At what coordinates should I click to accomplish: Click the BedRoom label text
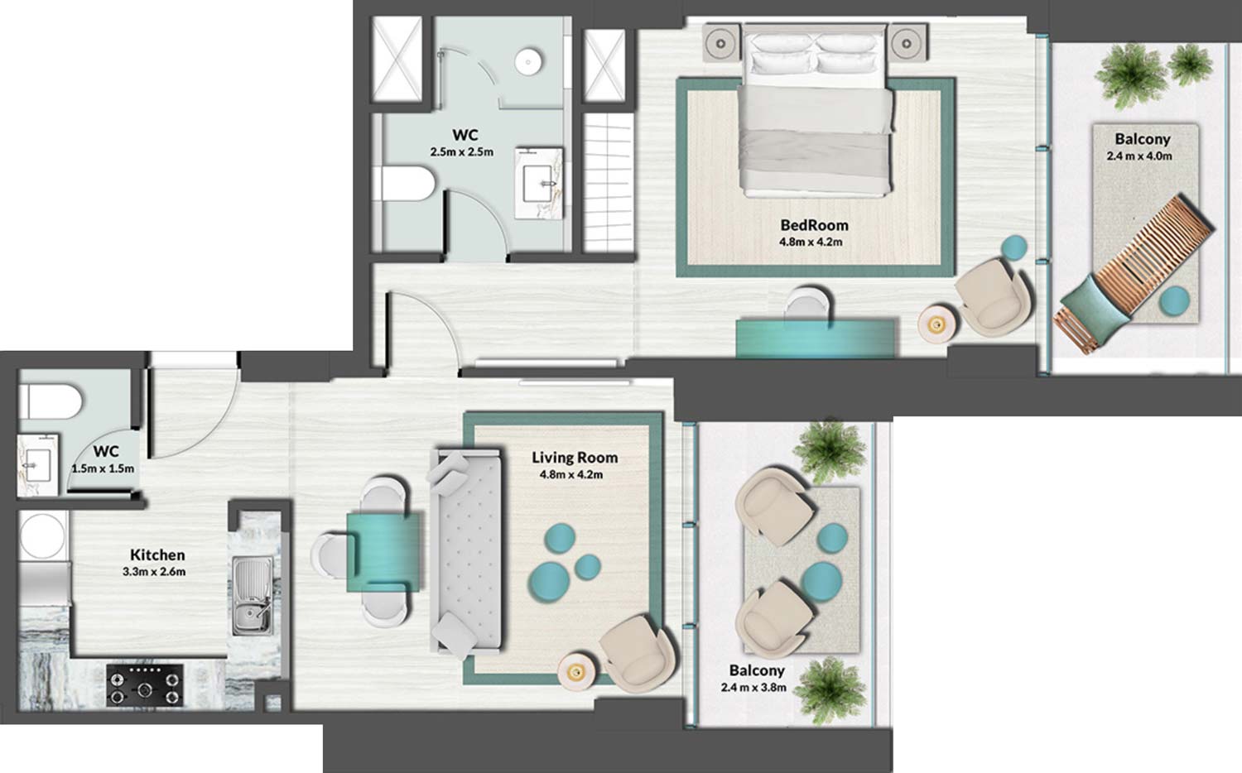tap(814, 225)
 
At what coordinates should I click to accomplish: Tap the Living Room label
tap(575, 458)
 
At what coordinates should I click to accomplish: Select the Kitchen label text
tap(157, 555)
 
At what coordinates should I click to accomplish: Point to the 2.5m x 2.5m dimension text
tap(461, 152)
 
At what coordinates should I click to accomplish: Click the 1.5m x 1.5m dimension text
tap(103, 468)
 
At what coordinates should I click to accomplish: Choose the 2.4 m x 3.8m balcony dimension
tap(753, 687)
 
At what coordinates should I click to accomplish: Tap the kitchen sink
tap(252, 596)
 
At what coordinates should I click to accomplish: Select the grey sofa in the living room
tap(466, 550)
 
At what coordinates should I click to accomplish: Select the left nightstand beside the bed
tap(721, 41)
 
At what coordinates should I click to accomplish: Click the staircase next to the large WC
tap(609, 182)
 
